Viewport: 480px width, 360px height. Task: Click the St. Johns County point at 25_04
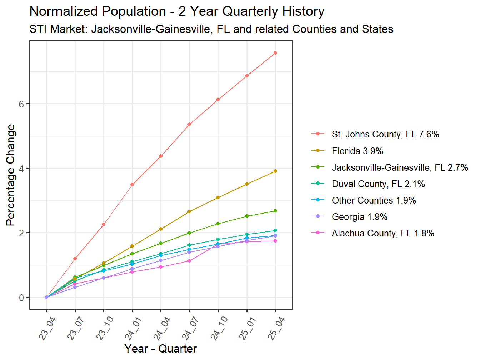pyautogui.click(x=275, y=53)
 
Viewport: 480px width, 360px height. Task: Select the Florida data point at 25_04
pyautogui.click(x=275, y=171)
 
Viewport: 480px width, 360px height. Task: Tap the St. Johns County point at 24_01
pyautogui.click(x=132, y=185)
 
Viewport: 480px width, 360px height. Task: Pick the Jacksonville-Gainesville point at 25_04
pyautogui.click(x=275, y=211)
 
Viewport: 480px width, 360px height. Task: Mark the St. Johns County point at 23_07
pyautogui.click(x=75, y=258)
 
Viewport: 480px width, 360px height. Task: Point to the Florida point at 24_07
pyautogui.click(x=189, y=211)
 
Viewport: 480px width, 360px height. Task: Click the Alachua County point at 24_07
pyautogui.click(x=189, y=261)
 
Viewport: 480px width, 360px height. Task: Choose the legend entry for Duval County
pyautogui.click(x=378, y=184)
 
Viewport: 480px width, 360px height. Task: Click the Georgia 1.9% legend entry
pyautogui.click(x=359, y=217)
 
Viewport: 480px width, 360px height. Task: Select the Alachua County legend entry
pyautogui.click(x=382, y=233)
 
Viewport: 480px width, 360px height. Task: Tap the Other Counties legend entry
pyautogui.click(x=374, y=200)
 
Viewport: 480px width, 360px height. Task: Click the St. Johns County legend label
pyautogui.click(x=385, y=134)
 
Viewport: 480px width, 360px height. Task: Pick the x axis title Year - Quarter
pyautogui.click(x=161, y=349)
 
